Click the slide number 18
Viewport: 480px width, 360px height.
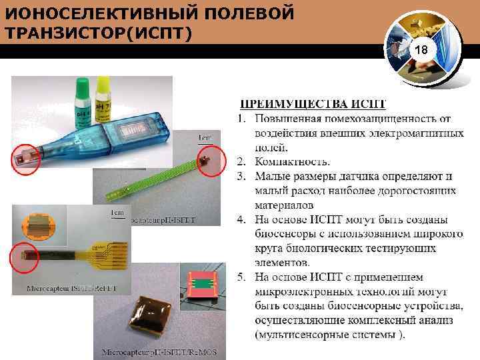coord(421,51)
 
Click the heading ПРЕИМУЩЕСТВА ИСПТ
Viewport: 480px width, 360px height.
coord(313,104)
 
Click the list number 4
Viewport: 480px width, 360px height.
coord(242,219)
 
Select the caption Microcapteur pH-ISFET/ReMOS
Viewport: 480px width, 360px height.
coord(163,351)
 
